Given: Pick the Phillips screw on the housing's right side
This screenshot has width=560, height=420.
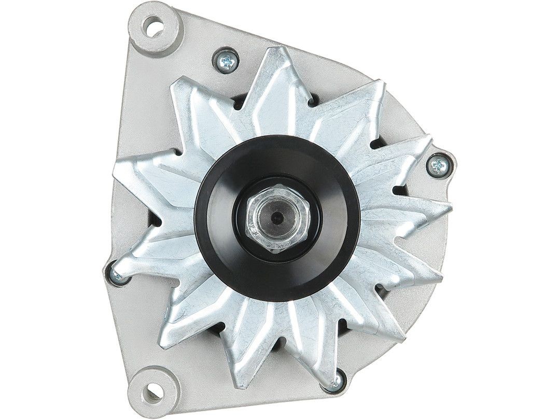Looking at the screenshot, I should (x=439, y=166).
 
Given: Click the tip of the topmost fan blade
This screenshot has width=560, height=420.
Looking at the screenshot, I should (x=277, y=52).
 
